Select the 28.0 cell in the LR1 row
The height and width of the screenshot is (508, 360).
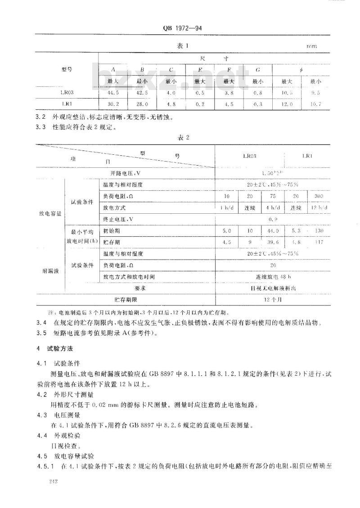(142, 104)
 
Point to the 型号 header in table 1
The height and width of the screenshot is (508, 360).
(67, 70)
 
